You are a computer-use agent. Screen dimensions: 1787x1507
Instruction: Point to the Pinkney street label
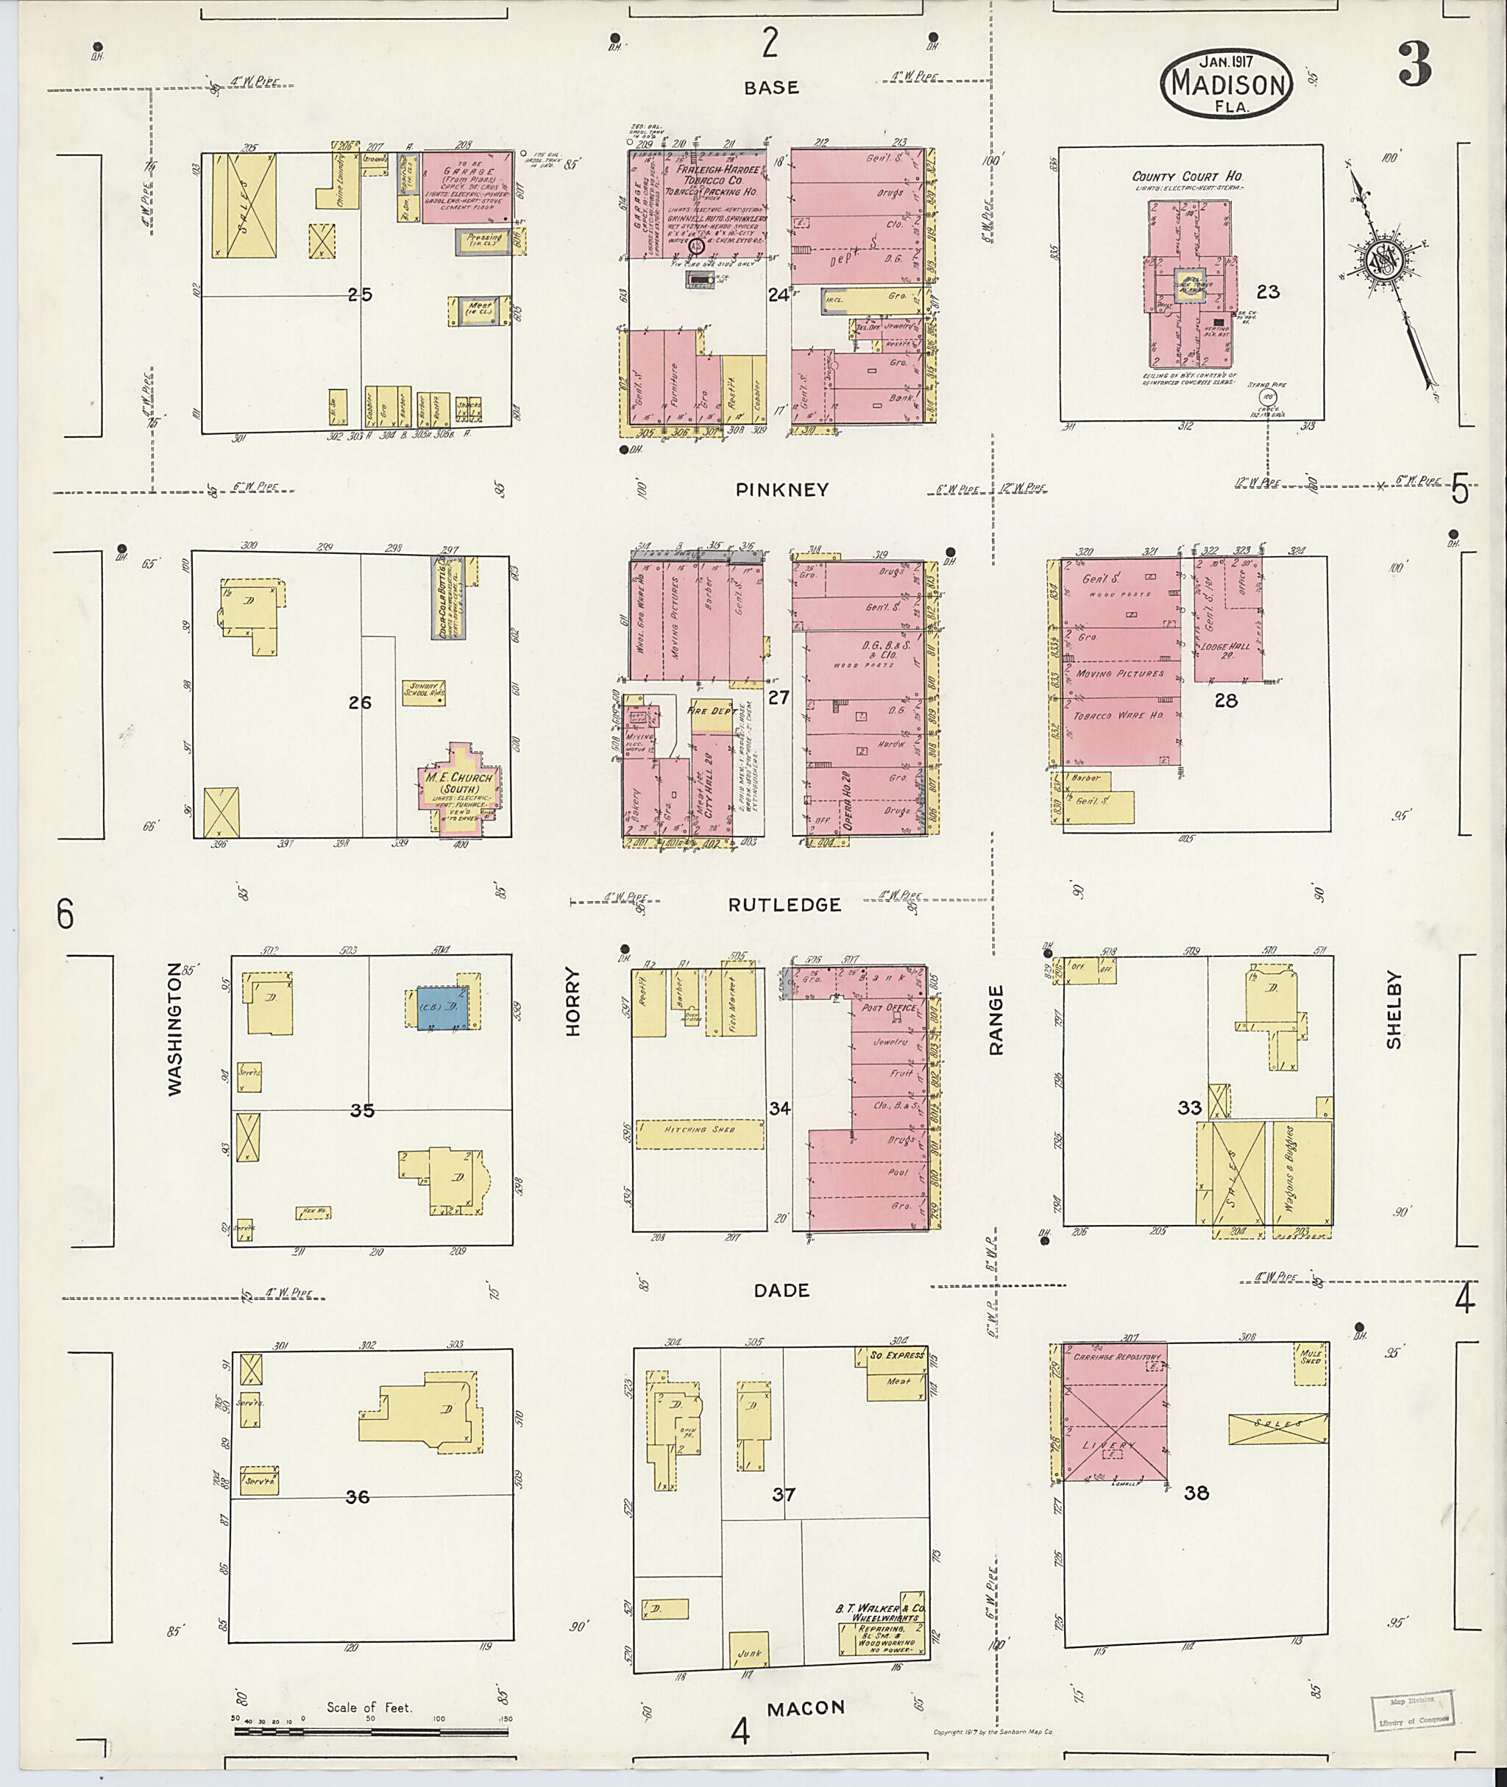(x=781, y=489)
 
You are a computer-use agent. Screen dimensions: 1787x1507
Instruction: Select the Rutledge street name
(x=784, y=905)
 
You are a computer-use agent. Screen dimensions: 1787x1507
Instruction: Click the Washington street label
(x=175, y=1028)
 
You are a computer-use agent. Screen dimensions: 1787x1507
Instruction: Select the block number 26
(x=360, y=702)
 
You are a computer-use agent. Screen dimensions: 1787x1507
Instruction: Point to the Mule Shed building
(x=1311, y=1356)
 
